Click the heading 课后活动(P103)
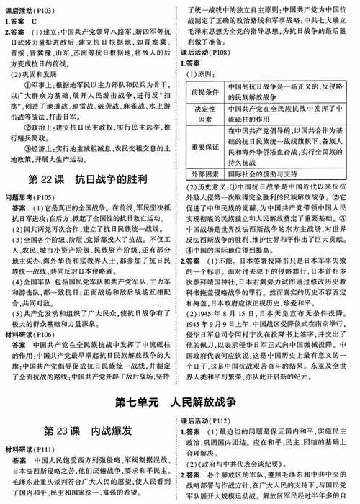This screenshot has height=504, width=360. point(29,5)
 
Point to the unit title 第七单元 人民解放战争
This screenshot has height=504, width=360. point(180,400)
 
